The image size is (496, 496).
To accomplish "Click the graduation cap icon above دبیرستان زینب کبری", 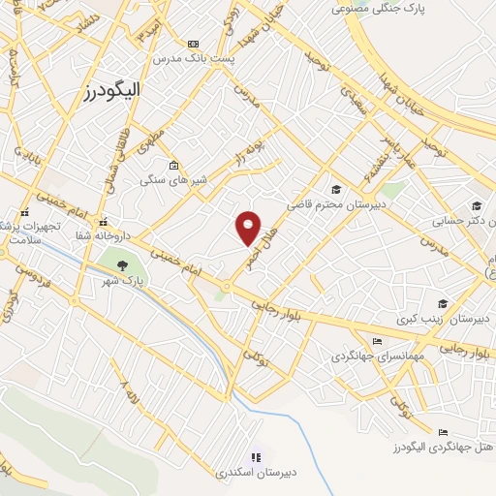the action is click(443, 303).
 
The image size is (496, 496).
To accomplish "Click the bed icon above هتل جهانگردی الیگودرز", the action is click(443, 432).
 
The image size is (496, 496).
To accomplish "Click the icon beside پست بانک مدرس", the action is click(194, 45).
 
